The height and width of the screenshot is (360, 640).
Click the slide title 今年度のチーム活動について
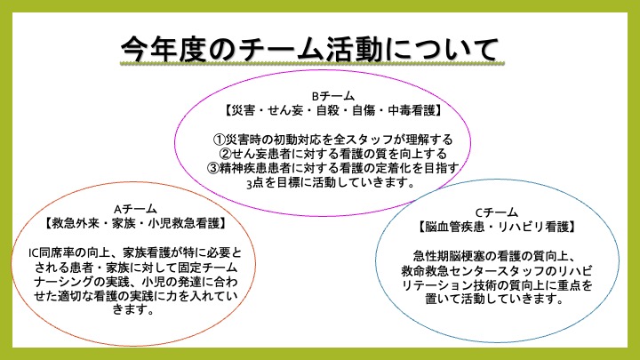pyautogui.click(x=310, y=49)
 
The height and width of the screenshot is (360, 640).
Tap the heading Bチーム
pyautogui.click(x=332, y=96)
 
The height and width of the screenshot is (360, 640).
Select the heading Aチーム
pyautogui.click(x=135, y=210)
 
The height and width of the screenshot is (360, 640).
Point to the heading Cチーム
pyautogui.click(x=497, y=212)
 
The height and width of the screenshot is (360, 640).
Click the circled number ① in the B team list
pyautogui.click(x=220, y=140)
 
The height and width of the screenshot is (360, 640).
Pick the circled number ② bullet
pyautogui.click(x=225, y=154)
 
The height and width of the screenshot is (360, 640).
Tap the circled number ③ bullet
pyautogui.click(x=213, y=168)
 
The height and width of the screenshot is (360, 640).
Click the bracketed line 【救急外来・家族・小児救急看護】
pyautogui.click(x=135, y=223)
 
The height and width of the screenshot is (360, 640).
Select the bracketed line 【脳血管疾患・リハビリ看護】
pyautogui.click(x=497, y=227)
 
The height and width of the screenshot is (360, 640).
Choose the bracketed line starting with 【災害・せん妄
pyautogui.click(x=332, y=110)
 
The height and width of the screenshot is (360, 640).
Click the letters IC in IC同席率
pyautogui.click(x=34, y=253)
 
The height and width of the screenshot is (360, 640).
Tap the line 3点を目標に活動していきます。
pyautogui.click(x=331, y=182)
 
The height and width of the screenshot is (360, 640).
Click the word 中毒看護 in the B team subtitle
pyautogui.click(x=412, y=110)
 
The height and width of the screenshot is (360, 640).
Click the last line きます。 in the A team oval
pyautogui.click(x=133, y=309)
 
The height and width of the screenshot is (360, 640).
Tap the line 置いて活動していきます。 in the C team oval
pyautogui.click(x=494, y=299)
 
